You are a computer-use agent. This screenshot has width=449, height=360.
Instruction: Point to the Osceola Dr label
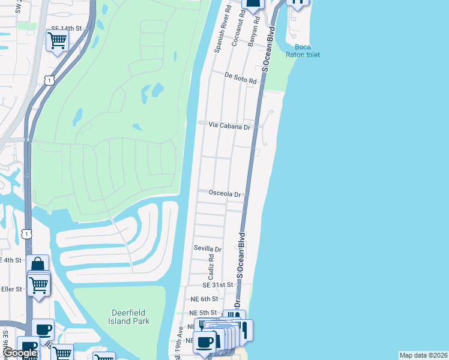point(224,194)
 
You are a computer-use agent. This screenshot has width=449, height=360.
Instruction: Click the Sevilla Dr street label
point(207,248)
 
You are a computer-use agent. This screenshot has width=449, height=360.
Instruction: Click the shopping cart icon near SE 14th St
point(57,40)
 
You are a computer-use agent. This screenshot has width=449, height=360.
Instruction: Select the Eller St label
point(11,289)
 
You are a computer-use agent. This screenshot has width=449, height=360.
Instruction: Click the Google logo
point(19,353)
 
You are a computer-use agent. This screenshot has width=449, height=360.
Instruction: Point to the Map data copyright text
point(423,355)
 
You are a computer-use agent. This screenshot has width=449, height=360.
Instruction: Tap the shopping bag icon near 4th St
point(37,265)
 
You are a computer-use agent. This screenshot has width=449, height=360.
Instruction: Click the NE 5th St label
point(202,313)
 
